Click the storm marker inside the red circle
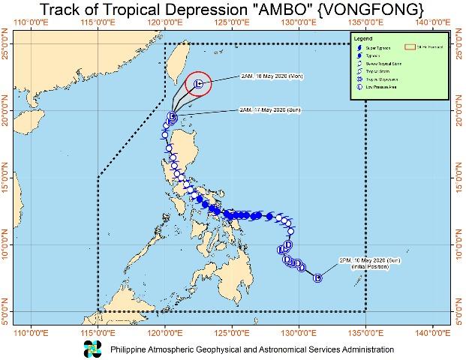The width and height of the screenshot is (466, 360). click(198, 84)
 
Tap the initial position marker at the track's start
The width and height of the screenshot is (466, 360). click(317, 278)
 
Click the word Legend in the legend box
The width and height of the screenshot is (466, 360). click(364, 37)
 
